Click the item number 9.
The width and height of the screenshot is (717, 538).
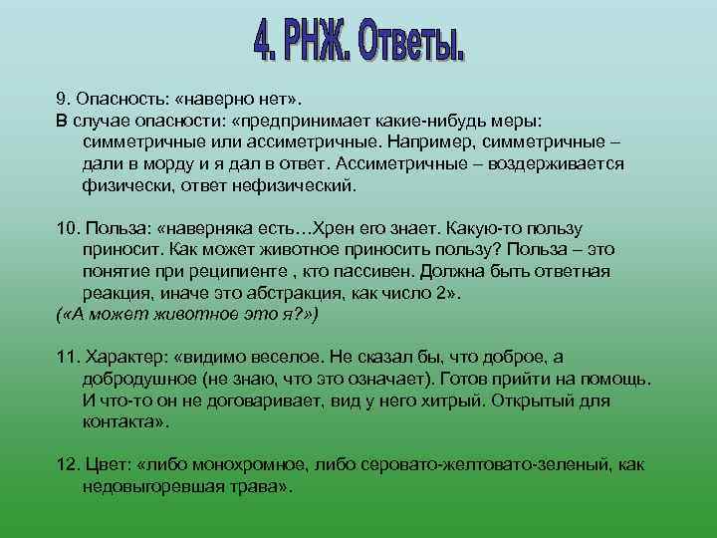point(62,99)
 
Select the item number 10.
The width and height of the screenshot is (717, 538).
point(66,229)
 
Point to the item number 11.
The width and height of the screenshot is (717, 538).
point(66,358)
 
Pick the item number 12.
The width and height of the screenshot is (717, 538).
point(66,465)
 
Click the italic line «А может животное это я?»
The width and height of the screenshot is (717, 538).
point(185,315)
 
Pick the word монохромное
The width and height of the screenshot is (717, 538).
point(243,465)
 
